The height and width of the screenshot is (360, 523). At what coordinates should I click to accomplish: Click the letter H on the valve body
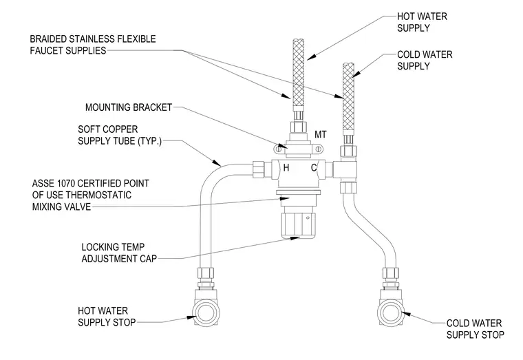(286, 167)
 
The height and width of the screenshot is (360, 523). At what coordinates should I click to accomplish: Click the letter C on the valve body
(314, 167)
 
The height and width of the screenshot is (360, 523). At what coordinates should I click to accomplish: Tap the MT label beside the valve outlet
(321, 134)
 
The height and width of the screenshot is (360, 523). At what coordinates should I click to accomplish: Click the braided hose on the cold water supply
(349, 98)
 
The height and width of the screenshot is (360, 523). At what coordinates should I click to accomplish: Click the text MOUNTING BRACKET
(129, 107)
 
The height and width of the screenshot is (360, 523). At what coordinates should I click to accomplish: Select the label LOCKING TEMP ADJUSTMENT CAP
(119, 253)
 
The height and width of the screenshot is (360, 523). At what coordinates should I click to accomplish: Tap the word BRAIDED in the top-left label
(48, 39)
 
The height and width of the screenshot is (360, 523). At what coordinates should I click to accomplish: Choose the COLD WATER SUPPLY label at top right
(425, 61)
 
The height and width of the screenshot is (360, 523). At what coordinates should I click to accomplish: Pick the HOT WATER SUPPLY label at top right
(422, 22)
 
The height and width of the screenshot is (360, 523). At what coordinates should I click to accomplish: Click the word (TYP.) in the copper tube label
(149, 141)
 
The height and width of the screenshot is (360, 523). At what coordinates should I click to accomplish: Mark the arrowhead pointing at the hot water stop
(191, 317)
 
